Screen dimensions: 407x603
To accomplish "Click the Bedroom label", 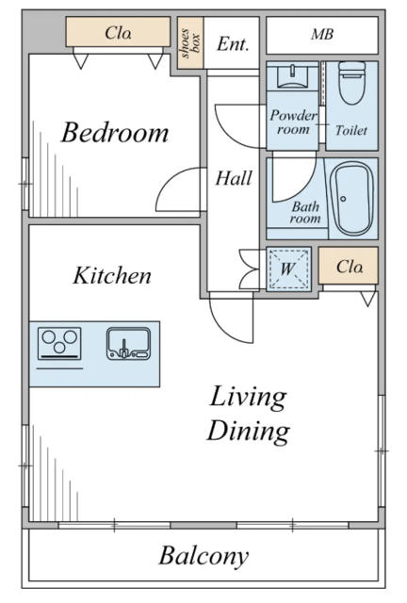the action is (115, 132).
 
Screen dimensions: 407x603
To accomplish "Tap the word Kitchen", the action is (112, 275).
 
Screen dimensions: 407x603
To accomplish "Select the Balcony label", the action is (203, 556).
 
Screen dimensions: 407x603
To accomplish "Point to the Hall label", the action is (234, 178).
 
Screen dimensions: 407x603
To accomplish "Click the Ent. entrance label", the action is (233, 44).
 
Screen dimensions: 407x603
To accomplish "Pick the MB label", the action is (322, 34).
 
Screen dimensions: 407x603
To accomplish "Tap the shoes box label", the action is (190, 42).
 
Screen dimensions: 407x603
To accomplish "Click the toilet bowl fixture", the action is (352, 83).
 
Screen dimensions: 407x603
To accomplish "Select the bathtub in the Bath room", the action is (352, 199).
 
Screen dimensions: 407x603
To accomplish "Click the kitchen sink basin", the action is (128, 343).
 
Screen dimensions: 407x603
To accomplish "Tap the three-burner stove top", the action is (59, 343).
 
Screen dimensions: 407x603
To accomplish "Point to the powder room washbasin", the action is (292, 77).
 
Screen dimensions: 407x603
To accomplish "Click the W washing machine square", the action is (288, 269).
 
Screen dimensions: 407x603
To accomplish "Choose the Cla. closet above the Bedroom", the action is (118, 32).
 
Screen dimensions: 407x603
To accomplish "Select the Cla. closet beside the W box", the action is (349, 266).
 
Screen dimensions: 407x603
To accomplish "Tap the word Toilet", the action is (350, 130).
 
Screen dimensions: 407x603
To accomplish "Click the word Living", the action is (248, 398).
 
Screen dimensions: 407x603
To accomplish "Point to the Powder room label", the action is (293, 122).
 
